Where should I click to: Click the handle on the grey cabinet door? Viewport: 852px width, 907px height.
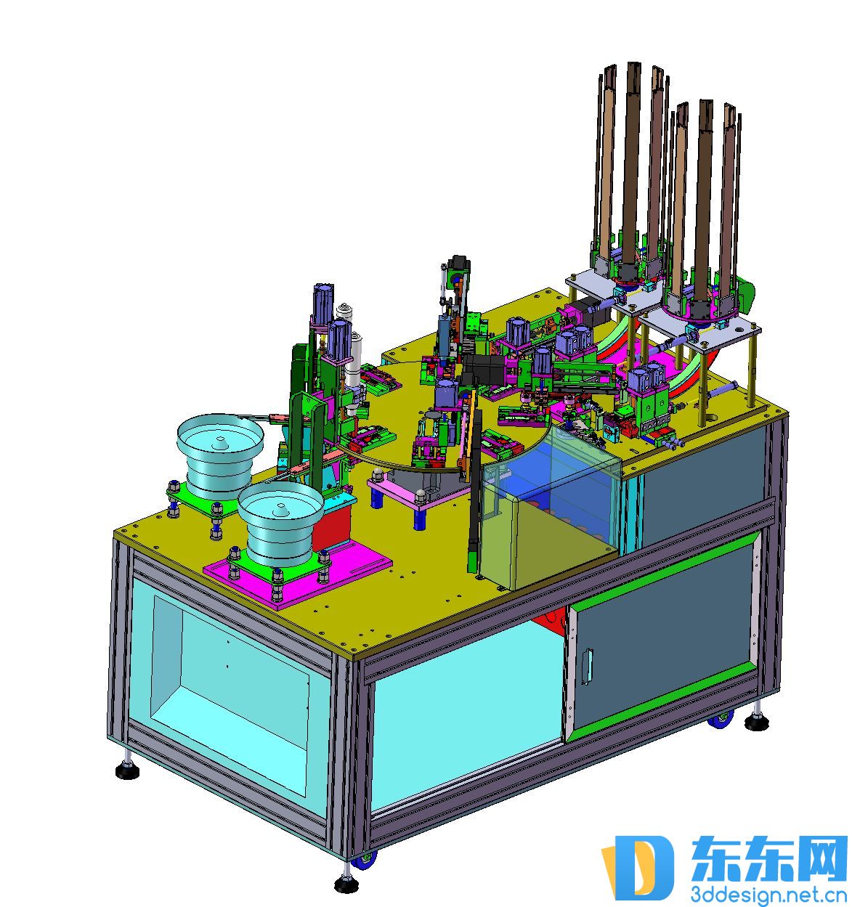tap(588, 667)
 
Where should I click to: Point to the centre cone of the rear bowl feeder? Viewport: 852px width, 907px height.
tap(221, 442)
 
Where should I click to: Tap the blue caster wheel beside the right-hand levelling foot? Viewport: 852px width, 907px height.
tap(721, 720)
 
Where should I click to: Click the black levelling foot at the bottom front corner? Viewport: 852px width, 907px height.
tap(346, 884)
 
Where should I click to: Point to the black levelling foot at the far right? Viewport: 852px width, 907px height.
tap(757, 721)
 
